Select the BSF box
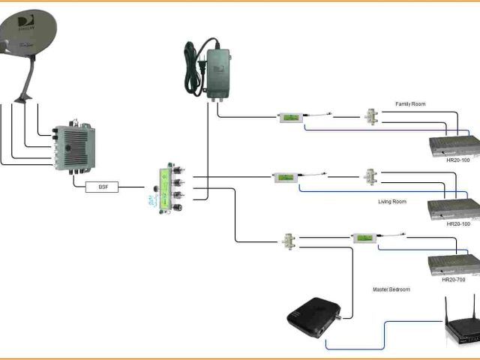point(103,187)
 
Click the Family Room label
point(410,103)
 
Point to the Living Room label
point(392,202)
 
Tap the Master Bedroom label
point(392,289)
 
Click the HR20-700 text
point(454,280)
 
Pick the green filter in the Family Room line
point(290,117)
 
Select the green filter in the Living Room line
point(285,178)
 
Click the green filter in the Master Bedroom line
point(364,238)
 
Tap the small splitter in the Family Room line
point(370,117)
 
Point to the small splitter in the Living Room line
point(370,177)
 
